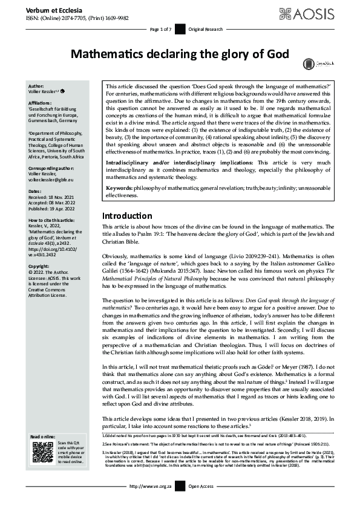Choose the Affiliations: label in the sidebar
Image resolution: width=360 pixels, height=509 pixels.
click(x=42, y=103)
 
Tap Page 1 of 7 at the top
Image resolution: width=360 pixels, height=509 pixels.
click(x=161, y=29)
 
